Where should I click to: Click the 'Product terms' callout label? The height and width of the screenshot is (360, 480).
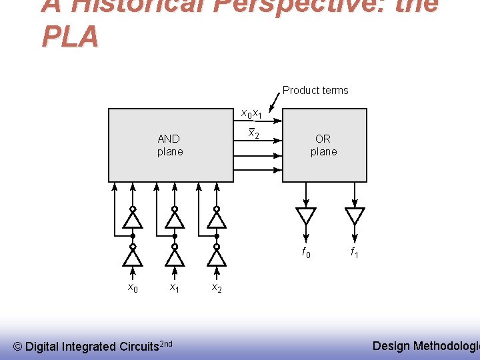pyautogui.click(x=315, y=90)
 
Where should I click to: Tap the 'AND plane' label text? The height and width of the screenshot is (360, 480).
pyautogui.click(x=169, y=145)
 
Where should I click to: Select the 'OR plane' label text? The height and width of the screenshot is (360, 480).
pyautogui.click(x=323, y=145)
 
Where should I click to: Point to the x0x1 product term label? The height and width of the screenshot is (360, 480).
pyautogui.click(x=251, y=115)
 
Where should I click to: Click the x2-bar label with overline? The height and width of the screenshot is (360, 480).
pyautogui.click(x=253, y=133)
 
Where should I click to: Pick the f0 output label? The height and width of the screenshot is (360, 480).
pyautogui.click(x=306, y=253)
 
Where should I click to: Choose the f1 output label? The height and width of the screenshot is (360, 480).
pyautogui.click(x=355, y=253)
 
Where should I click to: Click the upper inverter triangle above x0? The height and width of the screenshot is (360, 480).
pyautogui.click(x=133, y=219)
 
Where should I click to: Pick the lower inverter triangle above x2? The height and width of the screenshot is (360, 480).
pyautogui.click(x=217, y=257)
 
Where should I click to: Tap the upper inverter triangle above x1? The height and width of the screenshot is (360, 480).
pyautogui.click(x=175, y=219)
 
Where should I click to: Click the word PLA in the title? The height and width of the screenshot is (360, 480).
pyautogui.click(x=70, y=37)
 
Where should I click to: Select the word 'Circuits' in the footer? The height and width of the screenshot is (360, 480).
pyautogui.click(x=138, y=346)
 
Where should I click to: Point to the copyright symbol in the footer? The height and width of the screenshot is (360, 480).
pyautogui.click(x=18, y=346)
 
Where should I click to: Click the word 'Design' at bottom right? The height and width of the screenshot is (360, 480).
pyautogui.click(x=391, y=345)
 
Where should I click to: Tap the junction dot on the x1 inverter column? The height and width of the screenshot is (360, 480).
pyautogui.click(x=175, y=236)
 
